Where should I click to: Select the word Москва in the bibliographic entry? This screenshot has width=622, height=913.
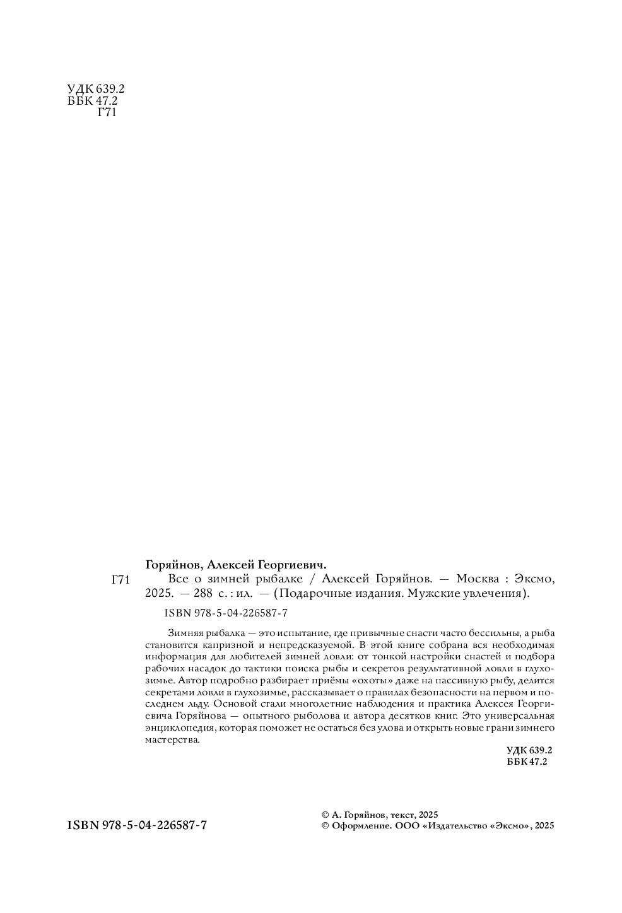pyautogui.click(x=478, y=579)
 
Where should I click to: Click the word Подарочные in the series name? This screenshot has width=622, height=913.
pyautogui.click(x=315, y=594)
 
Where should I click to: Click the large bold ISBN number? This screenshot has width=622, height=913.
pyautogui.click(x=137, y=826)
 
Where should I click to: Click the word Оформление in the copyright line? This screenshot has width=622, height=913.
pyautogui.click(x=361, y=826)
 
